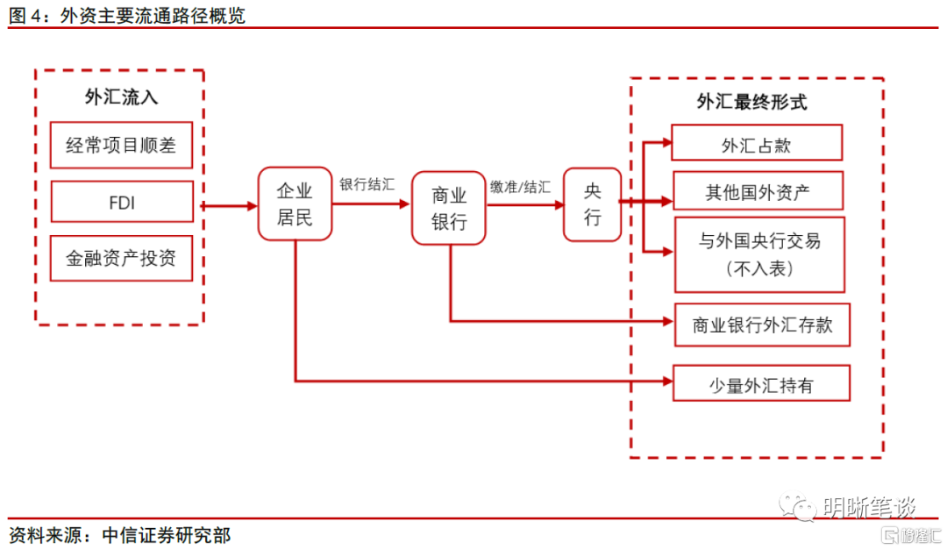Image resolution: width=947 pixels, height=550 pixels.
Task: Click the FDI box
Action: pyautogui.click(x=122, y=203)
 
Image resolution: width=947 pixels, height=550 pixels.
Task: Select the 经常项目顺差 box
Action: pyautogui.click(x=122, y=145)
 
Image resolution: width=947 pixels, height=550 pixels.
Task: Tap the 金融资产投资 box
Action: pyautogui.click(x=122, y=258)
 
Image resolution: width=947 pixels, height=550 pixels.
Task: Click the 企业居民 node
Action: pyautogui.click(x=295, y=204)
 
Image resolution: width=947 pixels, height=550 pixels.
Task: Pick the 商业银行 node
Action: pyautogui.click(x=449, y=208)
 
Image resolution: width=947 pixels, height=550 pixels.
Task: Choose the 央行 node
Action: pyautogui.click(x=593, y=204)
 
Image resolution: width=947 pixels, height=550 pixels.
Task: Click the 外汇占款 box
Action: pyautogui.click(x=756, y=143)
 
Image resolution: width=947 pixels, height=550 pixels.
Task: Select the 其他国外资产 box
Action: pyautogui.click(x=758, y=191)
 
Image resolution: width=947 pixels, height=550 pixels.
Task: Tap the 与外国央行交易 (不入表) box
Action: pyautogui.click(x=759, y=254)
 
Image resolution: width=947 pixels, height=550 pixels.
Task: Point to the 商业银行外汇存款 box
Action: pyautogui.click(x=762, y=325)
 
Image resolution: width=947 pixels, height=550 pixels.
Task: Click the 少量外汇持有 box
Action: pyautogui.click(x=760, y=384)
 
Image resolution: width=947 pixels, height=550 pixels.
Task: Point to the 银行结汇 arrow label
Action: pyautogui.click(x=367, y=185)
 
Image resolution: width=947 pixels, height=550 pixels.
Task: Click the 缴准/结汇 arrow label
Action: pyautogui.click(x=521, y=186)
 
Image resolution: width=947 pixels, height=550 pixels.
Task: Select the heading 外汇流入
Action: pyautogui.click(x=121, y=96)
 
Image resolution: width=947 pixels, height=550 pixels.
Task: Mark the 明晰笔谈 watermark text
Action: pyautogui.click(x=868, y=507)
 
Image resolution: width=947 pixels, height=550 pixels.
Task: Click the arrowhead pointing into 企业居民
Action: pyautogui.click(x=252, y=206)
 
